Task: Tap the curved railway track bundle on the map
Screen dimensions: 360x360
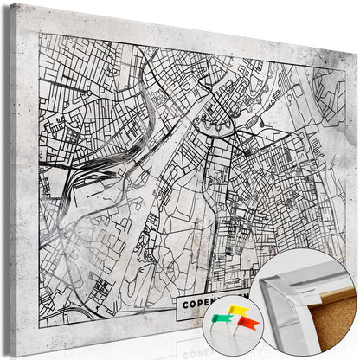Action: coord(82,177)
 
